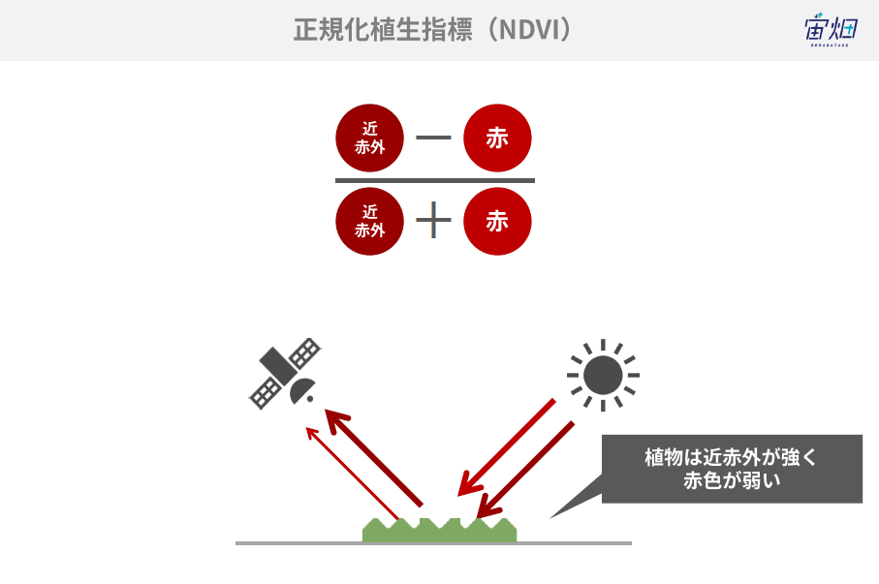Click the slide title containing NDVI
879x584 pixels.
pyautogui.click(x=432, y=30)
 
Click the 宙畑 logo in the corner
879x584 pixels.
pyautogui.click(x=831, y=29)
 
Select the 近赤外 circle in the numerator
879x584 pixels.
pyautogui.click(x=369, y=138)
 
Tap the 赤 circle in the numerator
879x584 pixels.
pyautogui.click(x=497, y=138)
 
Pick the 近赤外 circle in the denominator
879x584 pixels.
pyautogui.click(x=369, y=222)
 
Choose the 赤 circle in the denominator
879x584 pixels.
pyautogui.click(x=497, y=222)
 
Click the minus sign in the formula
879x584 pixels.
pyautogui.click(x=433, y=138)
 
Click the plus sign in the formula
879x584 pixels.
pyautogui.click(x=433, y=220)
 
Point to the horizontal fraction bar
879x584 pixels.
pyautogui.click(x=435, y=180)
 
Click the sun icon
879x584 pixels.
pyautogui.click(x=603, y=375)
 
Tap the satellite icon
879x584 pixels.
pyautogui.click(x=285, y=373)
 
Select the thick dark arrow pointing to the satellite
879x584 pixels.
pyautogui.click(x=373, y=457)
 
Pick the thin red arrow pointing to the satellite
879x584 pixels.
pyautogui.click(x=352, y=474)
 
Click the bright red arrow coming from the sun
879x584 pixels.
pyautogui.click(x=506, y=447)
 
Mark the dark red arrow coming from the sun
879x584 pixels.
pyautogui.click(x=524, y=470)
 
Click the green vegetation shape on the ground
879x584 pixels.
pyautogui.click(x=440, y=531)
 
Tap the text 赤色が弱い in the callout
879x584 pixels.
pyautogui.click(x=732, y=480)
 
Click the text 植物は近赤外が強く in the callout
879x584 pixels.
pyautogui.click(x=731, y=457)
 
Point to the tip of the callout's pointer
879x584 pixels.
pyautogui.click(x=549, y=518)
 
